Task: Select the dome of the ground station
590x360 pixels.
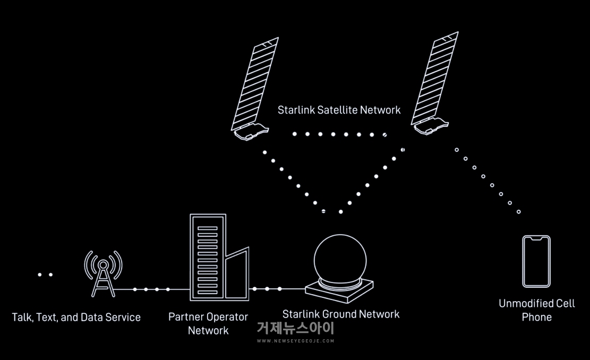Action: click(x=340, y=260)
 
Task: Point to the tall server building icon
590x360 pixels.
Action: click(x=208, y=258)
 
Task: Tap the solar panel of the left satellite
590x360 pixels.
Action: click(x=255, y=83)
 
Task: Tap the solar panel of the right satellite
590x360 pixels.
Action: click(x=434, y=78)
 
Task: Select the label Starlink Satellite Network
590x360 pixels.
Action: click(x=339, y=110)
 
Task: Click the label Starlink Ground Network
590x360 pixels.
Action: click(x=341, y=314)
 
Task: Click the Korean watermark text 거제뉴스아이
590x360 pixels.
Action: click(x=296, y=328)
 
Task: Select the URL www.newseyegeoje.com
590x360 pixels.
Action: click(x=296, y=341)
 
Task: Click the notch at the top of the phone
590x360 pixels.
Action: click(x=536, y=238)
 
